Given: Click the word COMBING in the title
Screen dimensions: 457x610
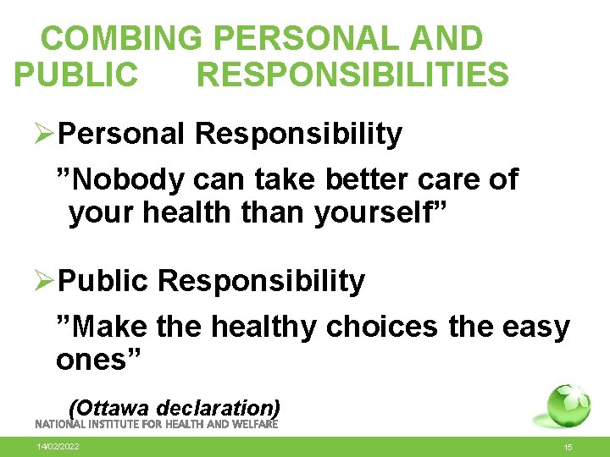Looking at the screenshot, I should (x=121, y=38).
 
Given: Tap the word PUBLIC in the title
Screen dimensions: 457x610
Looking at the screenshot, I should (x=75, y=74).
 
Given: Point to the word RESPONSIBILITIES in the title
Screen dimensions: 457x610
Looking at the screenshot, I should (x=352, y=74).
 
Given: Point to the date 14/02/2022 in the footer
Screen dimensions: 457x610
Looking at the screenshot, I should (x=58, y=446).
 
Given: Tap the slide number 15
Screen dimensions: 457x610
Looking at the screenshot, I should (x=568, y=447).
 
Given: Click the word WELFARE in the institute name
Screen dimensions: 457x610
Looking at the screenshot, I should (x=252, y=424).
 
